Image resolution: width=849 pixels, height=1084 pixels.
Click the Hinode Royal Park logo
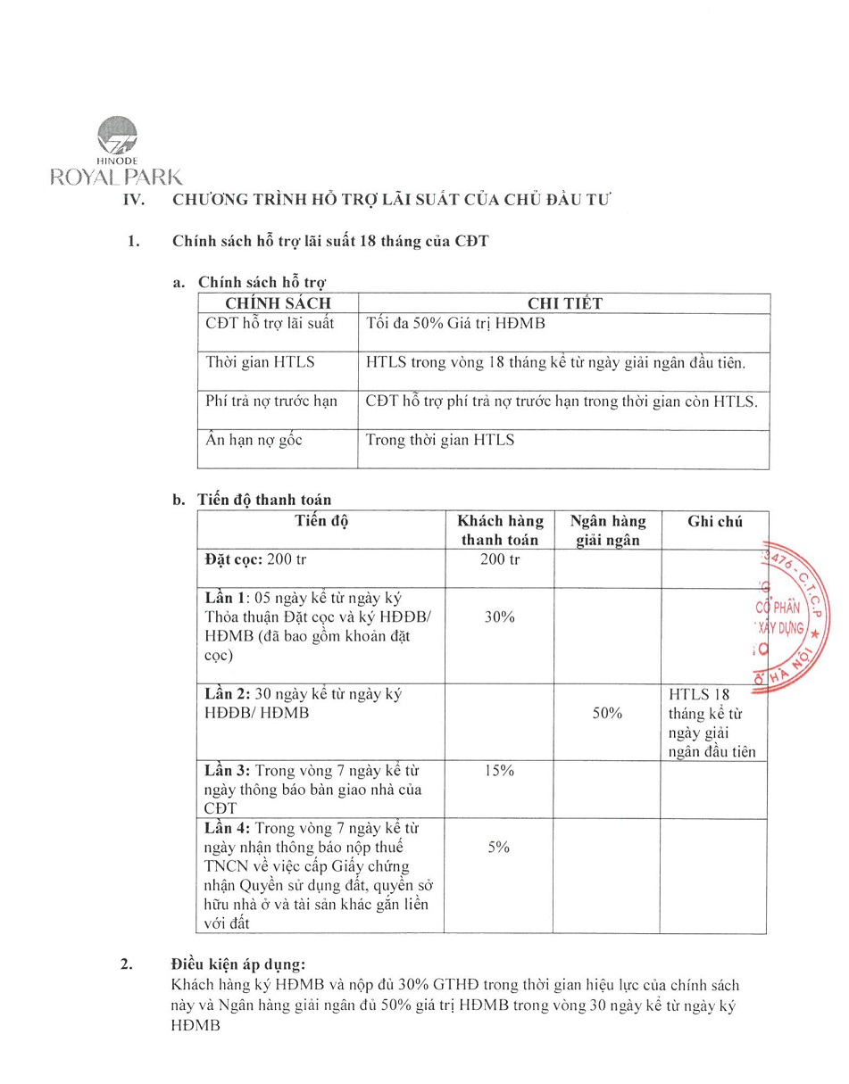coord(116,152)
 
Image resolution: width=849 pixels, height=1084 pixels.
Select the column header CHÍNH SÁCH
coord(278,303)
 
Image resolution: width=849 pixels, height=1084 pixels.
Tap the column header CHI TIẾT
coord(564,303)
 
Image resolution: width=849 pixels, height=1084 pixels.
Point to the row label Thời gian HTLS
coord(260,362)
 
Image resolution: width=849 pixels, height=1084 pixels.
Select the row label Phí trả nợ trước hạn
coord(271,401)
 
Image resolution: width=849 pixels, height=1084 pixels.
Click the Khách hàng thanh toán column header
coord(500,530)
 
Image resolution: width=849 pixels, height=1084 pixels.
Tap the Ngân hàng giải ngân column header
coord(608,530)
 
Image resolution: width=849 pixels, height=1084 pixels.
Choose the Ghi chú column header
coord(714,522)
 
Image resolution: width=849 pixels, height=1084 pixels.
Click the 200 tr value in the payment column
coord(500,560)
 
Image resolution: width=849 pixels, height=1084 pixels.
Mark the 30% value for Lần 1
coord(500,617)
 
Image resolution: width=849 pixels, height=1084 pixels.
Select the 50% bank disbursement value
coord(607,714)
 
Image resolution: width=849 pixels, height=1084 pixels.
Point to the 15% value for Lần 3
coord(500,772)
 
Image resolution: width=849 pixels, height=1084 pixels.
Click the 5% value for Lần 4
coord(499,848)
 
